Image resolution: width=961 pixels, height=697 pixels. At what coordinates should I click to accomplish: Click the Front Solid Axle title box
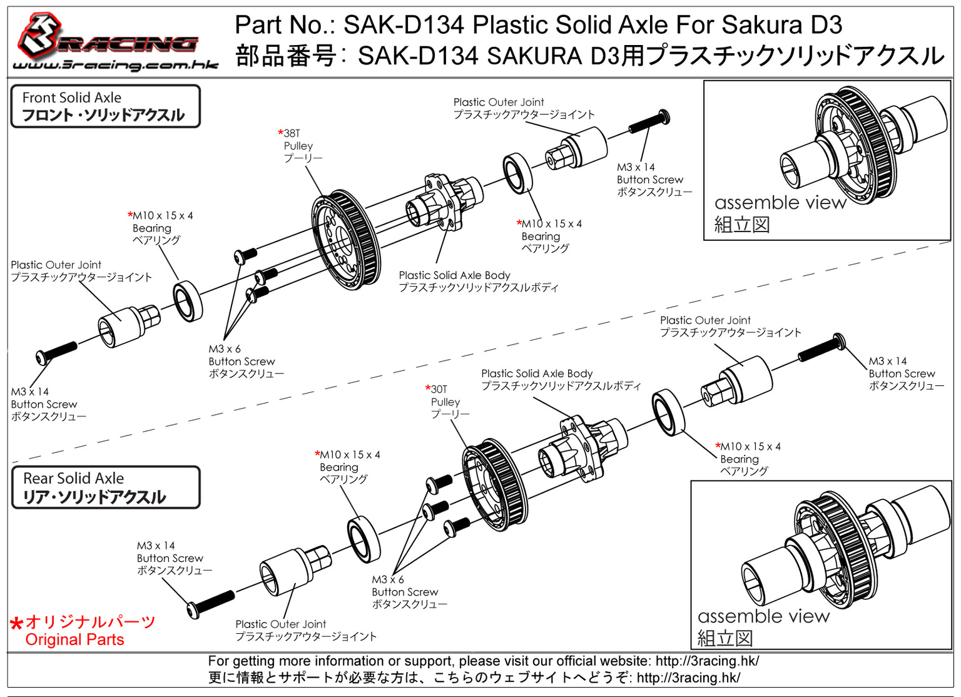[105, 106]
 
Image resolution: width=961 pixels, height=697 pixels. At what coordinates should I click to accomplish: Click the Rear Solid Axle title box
[105, 487]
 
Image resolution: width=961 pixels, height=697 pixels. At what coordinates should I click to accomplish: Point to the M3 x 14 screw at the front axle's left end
[56, 352]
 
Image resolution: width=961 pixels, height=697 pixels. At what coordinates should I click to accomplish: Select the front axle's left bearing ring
[187, 302]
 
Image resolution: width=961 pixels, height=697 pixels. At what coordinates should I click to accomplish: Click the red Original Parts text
[74, 639]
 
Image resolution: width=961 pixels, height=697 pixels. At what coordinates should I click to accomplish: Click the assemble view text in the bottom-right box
[763, 616]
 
